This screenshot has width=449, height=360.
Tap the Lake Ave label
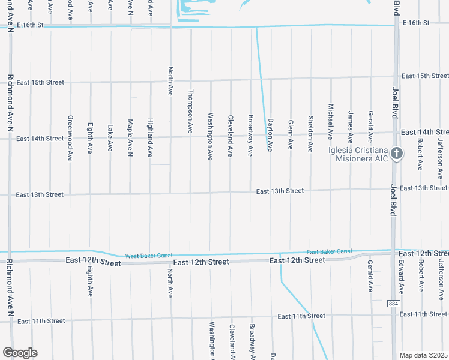[x=110, y=137]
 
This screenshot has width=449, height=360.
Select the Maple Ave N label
[x=130, y=137]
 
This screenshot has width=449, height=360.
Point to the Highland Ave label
[x=150, y=137]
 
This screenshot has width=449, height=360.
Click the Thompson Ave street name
[x=190, y=111]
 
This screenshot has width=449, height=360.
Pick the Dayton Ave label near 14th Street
[x=270, y=134]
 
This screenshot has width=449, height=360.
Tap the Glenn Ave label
[x=291, y=134]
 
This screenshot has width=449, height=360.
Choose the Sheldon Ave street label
[x=310, y=134]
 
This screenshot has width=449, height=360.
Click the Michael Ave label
[x=331, y=122]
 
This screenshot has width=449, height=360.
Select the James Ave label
[x=351, y=125]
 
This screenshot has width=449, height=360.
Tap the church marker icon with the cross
[x=396, y=154]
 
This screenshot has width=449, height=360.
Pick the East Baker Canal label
[x=329, y=251]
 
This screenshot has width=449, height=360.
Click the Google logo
[x=20, y=353]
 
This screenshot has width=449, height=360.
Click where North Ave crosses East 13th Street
[x=170, y=194]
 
